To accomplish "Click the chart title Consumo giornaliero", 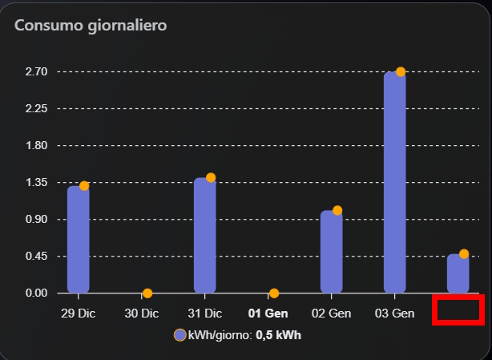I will click(x=90, y=26).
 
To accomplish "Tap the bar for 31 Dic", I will click(x=205, y=235).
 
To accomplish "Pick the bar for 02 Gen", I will click(x=332, y=252).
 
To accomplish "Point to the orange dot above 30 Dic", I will click(x=147, y=293).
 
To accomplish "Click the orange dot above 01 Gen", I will click(x=274, y=293).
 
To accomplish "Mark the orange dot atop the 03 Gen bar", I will click(x=401, y=72).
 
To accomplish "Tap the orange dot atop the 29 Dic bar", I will click(x=84, y=186).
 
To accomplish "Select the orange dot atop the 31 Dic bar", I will click(x=211, y=177).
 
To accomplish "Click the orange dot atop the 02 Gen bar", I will click(x=337, y=211).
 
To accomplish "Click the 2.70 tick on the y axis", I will click(x=37, y=71).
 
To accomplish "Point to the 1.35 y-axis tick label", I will click(x=37, y=183).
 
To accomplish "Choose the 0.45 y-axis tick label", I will click(x=37, y=257).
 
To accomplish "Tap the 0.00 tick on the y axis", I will click(x=37, y=293).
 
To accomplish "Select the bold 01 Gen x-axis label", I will click(x=268, y=313).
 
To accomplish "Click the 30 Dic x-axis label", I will click(x=142, y=313).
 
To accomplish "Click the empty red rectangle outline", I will click(x=458, y=309).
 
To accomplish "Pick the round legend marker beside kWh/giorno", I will click(x=180, y=335).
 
